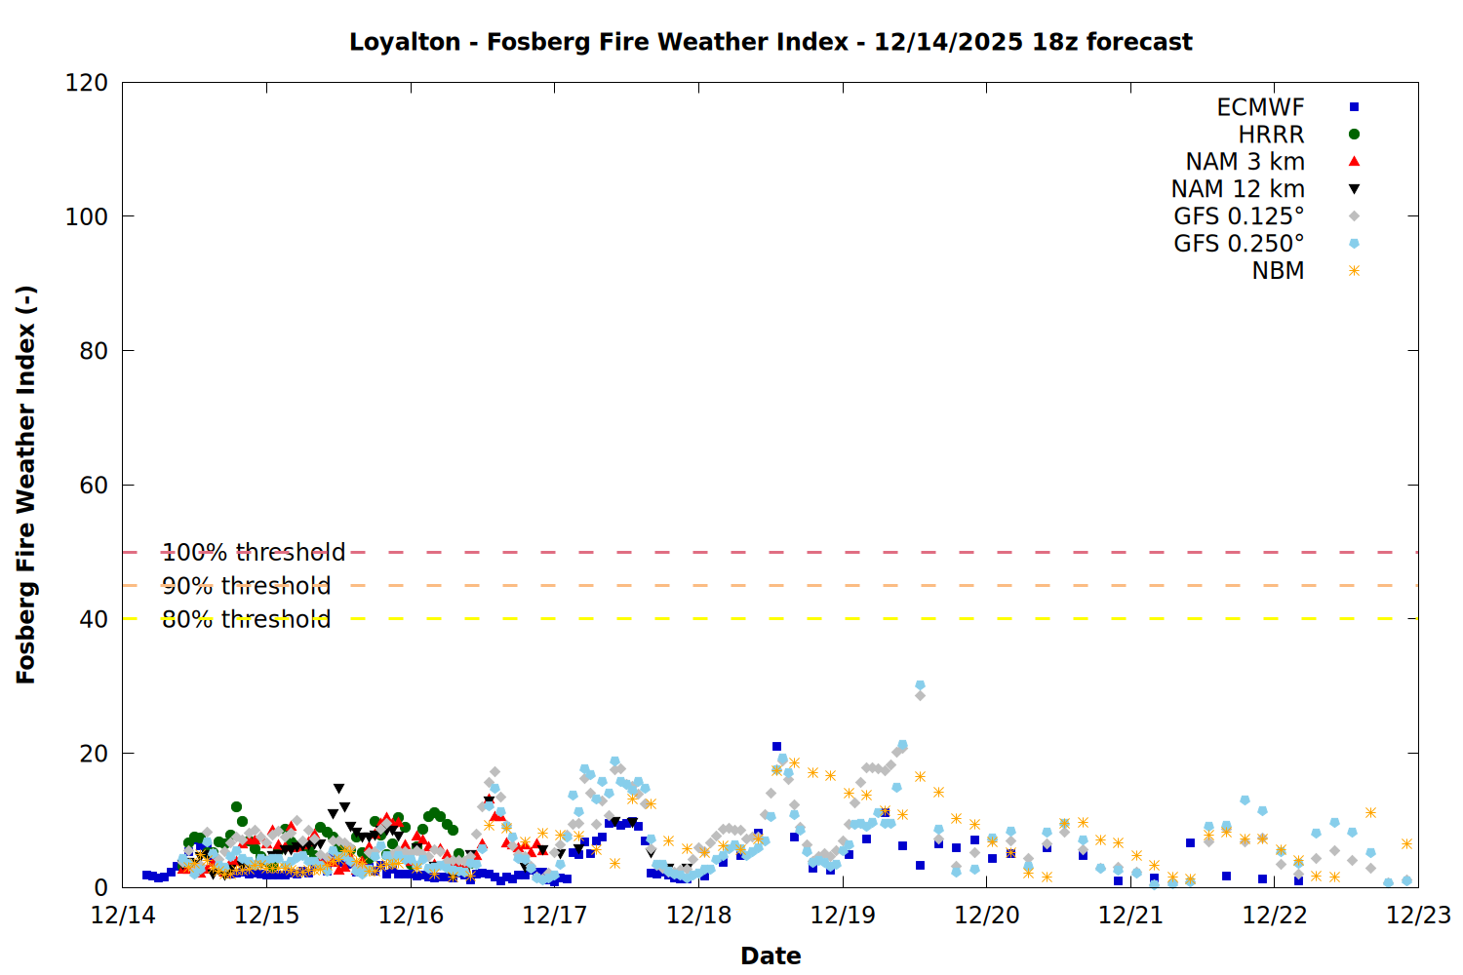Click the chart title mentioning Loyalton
point(771,42)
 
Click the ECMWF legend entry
point(1260,107)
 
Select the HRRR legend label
point(1271,135)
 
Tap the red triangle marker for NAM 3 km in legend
point(1354,161)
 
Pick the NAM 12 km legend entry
point(1238,189)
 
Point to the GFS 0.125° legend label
point(1239,216)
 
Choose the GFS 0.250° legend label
point(1239,244)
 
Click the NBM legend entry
point(1278,271)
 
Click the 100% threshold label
point(254,553)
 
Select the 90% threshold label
point(246,586)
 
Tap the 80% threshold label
point(246,619)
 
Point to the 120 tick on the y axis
point(87,83)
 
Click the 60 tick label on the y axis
point(94,485)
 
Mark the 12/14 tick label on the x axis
point(123,916)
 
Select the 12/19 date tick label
point(843,916)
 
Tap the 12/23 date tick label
point(1418,916)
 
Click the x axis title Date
point(771,955)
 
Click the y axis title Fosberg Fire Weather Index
point(26,485)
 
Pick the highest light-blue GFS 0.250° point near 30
point(920,685)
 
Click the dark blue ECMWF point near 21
point(776,747)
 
